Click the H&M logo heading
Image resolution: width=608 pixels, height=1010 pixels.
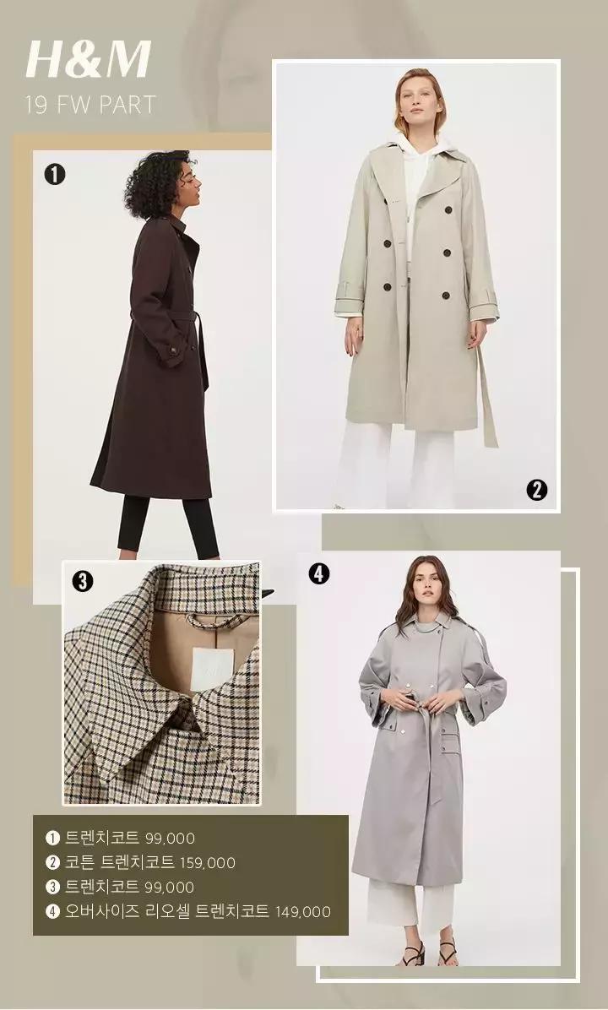(x=88, y=60)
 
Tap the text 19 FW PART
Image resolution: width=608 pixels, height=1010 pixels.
(x=90, y=105)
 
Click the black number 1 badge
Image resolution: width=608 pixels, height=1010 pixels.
(x=55, y=174)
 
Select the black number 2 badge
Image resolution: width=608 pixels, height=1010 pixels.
(x=536, y=490)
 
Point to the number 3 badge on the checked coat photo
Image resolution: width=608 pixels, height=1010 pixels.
(x=83, y=581)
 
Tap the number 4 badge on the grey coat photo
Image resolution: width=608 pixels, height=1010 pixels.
(x=319, y=573)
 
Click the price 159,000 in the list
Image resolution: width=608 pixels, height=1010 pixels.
(x=208, y=863)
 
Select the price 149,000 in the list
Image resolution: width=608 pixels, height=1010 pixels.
(x=302, y=912)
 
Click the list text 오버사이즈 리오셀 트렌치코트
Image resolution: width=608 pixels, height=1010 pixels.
(x=167, y=911)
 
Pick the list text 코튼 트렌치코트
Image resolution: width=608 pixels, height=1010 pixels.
(x=119, y=862)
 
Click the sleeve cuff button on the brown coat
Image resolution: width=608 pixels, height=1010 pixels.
(x=172, y=350)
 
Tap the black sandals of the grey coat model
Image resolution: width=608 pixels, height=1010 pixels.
(x=430, y=952)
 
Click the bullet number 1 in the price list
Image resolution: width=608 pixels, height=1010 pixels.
(x=52, y=838)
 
